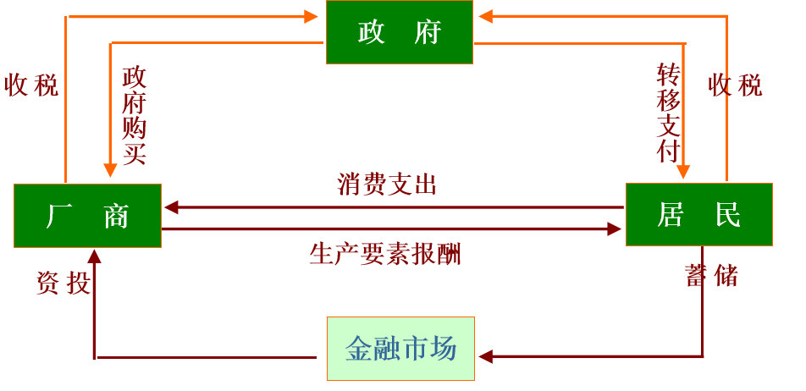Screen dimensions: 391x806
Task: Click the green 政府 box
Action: pos(399,32)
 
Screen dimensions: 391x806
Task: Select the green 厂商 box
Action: pos(87,216)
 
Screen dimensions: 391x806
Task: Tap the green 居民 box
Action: pos(698,214)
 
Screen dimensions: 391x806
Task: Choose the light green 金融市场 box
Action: pos(400,349)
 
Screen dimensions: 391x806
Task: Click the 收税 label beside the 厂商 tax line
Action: pos(32,85)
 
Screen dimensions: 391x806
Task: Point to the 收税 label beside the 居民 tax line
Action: pos(735,85)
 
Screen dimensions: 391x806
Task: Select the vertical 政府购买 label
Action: pos(134,115)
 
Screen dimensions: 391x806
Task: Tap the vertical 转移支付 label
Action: pos(669,113)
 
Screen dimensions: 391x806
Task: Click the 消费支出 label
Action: pos(387,184)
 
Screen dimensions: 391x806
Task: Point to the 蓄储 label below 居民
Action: pos(712,276)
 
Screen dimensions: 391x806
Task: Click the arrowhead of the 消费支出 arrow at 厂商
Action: pos(170,207)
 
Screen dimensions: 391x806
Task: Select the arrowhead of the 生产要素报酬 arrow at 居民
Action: pos(616,229)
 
